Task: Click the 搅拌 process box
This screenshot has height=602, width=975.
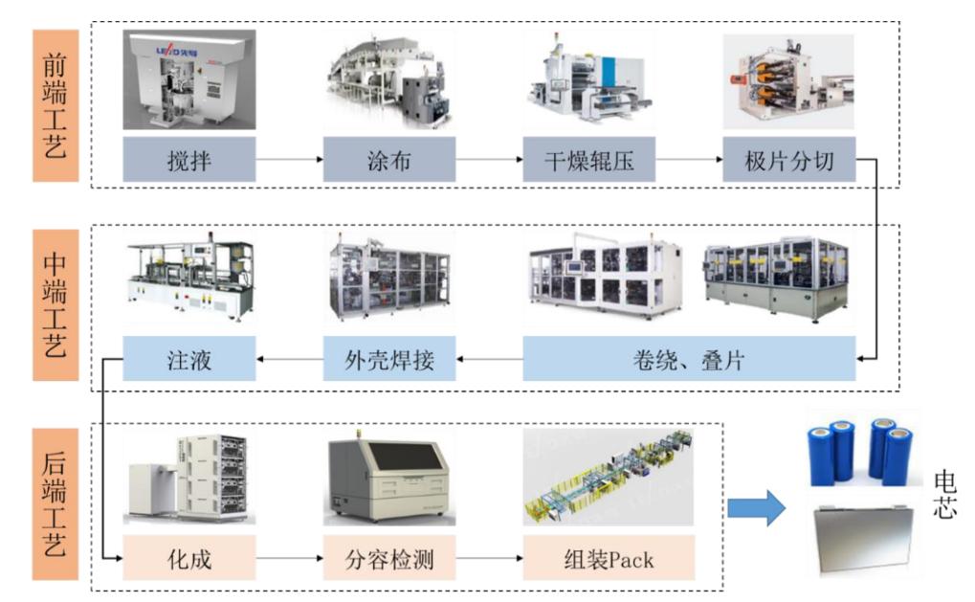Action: [x=189, y=160]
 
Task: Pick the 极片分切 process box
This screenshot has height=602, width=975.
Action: [x=789, y=160]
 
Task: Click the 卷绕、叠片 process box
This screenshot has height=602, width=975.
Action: [x=689, y=359]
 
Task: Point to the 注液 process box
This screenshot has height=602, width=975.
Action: [x=189, y=359]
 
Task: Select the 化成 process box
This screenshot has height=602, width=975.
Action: [x=189, y=558]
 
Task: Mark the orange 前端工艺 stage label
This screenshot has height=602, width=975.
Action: [x=55, y=105]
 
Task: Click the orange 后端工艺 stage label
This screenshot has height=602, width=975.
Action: [x=55, y=505]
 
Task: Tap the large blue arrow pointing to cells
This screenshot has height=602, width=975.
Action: [x=756, y=507]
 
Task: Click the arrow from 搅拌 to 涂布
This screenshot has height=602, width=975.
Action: [x=289, y=161]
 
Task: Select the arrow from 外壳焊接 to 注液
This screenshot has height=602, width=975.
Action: [x=289, y=360]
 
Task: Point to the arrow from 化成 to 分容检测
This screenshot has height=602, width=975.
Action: [x=289, y=559]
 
